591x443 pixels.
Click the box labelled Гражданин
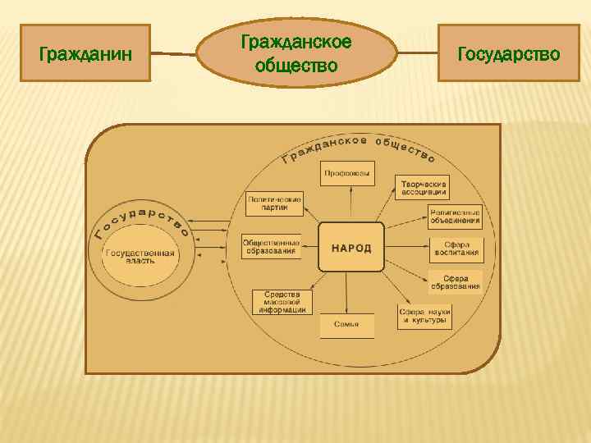coord(85,53)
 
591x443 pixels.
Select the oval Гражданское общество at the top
coord(295,53)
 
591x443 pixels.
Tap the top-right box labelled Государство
coord(508,53)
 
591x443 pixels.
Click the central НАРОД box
coord(351,247)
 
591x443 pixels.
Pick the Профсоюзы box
coord(347,173)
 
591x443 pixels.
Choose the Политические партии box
coord(275,203)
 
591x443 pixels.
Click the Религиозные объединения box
coord(454,216)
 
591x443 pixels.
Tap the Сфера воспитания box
coord(456,249)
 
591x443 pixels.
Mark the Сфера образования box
coord(456,282)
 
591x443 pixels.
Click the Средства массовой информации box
coord(282,302)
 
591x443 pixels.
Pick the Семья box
coord(346,325)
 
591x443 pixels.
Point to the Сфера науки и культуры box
coord(425,317)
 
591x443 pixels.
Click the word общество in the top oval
coord(296,64)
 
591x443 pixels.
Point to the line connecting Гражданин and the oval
coord(173,55)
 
